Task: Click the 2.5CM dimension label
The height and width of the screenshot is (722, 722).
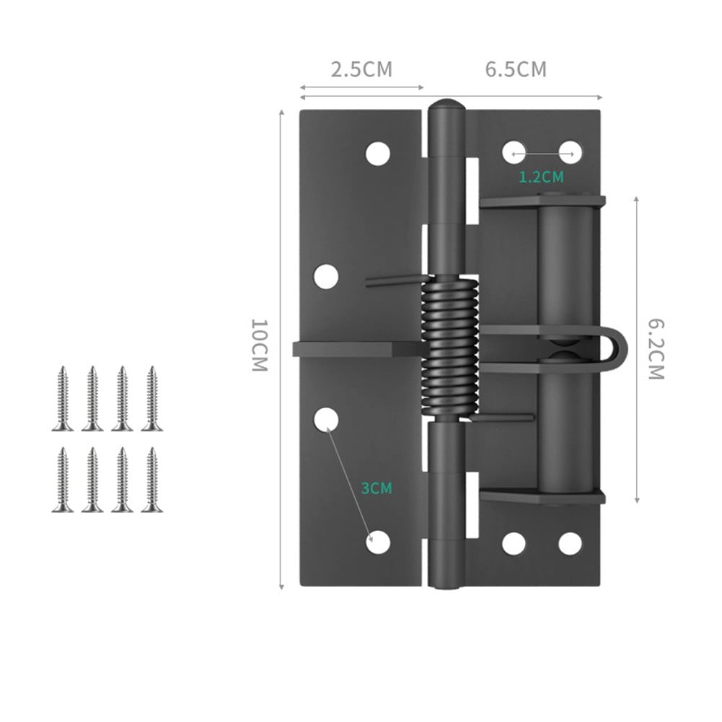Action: [x=361, y=70]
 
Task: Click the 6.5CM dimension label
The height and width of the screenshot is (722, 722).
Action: [x=516, y=70]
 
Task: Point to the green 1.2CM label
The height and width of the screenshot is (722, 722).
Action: [x=541, y=177]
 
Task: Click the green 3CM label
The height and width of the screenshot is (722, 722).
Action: [x=377, y=488]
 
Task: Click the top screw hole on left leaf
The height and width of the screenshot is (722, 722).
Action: [x=377, y=153]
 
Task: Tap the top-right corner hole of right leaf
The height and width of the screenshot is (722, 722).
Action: [x=570, y=151]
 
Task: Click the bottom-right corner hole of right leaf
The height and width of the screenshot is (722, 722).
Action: [x=569, y=543]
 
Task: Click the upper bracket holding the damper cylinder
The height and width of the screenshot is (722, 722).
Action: [x=541, y=201]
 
